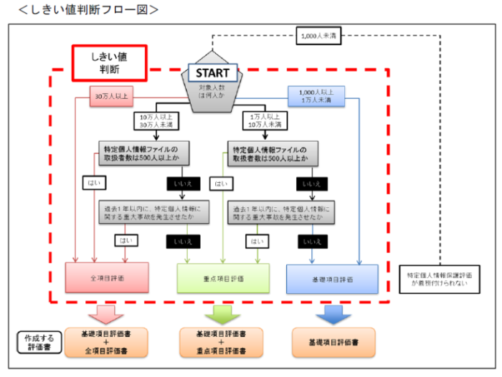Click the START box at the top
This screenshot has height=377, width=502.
click(x=212, y=72)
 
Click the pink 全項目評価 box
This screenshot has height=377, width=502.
click(x=107, y=277)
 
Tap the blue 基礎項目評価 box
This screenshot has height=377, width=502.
click(x=332, y=277)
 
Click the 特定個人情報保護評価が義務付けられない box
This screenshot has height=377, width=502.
click(x=437, y=278)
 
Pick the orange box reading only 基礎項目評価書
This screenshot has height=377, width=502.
click(x=331, y=343)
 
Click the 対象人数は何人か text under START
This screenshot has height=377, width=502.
click(x=212, y=92)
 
